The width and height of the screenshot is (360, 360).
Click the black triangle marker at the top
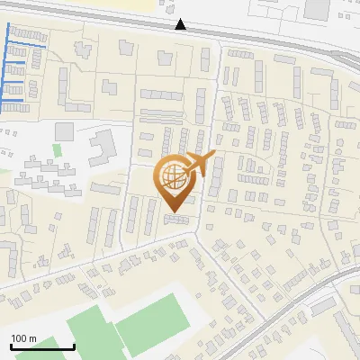click(182, 24)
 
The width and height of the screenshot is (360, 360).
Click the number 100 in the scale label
click(19, 338)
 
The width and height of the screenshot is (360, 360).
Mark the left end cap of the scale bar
click(11, 346)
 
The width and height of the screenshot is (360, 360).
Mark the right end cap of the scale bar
click(74, 346)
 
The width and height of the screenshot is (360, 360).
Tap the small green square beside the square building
click(57, 149)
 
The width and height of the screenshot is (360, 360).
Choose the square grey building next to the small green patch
click(64, 132)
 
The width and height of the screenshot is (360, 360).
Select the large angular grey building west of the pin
click(102, 141)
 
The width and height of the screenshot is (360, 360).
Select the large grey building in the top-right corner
click(316, 9)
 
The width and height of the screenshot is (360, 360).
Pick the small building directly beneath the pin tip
click(176, 219)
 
